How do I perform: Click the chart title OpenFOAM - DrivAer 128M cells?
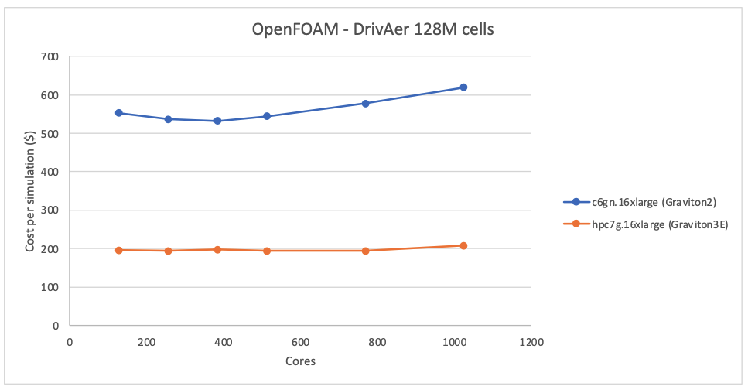pos(373,30)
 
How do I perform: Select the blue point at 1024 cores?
pos(463,87)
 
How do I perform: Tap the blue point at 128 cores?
pos(119,113)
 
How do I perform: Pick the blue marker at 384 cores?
pos(217,121)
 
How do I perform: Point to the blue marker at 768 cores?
pos(365,103)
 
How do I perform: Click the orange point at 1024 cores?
pos(463,246)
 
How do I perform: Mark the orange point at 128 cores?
pos(119,250)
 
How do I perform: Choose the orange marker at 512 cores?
pos(267,251)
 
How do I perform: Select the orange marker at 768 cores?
pos(365,251)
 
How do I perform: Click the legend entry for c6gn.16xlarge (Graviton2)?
pos(642,203)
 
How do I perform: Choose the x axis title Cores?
pos(300,361)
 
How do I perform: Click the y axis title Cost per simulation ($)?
pos(30,191)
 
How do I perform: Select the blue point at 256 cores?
pos(168,119)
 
